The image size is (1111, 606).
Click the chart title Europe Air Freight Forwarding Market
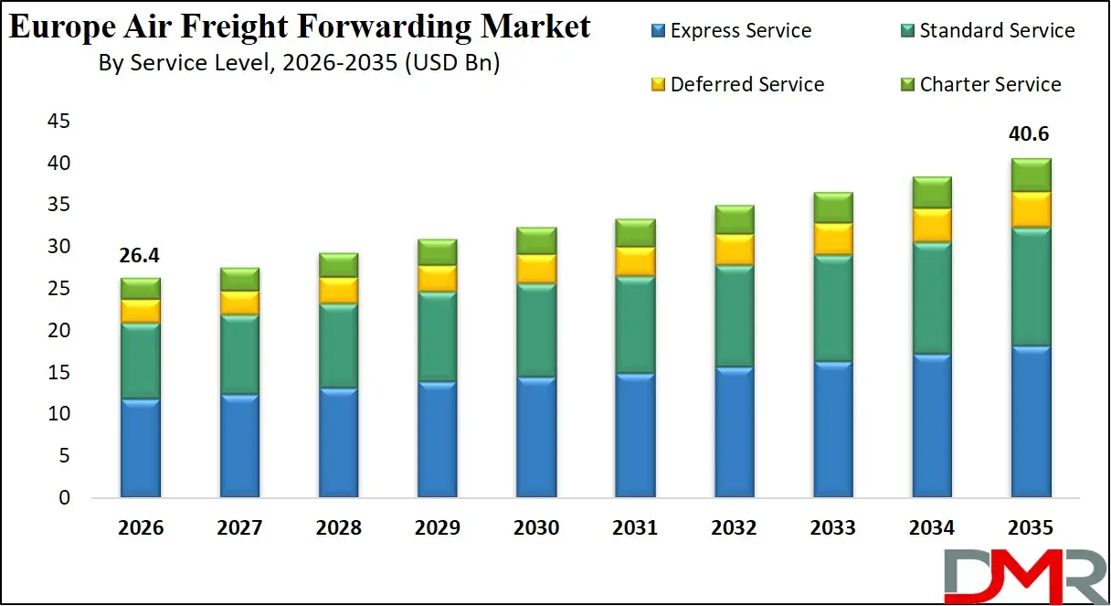click(300, 27)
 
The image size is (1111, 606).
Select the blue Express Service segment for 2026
click(140, 448)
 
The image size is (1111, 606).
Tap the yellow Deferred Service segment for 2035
click(1030, 210)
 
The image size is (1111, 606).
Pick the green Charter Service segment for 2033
click(832, 208)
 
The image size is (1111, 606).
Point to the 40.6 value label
click(1029, 134)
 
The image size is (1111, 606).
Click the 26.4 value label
click(140, 256)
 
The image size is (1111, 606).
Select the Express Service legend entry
click(731, 31)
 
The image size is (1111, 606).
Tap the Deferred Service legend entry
click(737, 85)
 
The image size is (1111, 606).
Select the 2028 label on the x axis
click(338, 528)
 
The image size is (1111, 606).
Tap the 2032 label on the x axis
click(734, 528)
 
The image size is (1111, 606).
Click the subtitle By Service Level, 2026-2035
click(299, 64)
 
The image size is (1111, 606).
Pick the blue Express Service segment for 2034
click(931, 425)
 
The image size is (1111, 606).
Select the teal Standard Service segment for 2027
click(238, 355)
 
